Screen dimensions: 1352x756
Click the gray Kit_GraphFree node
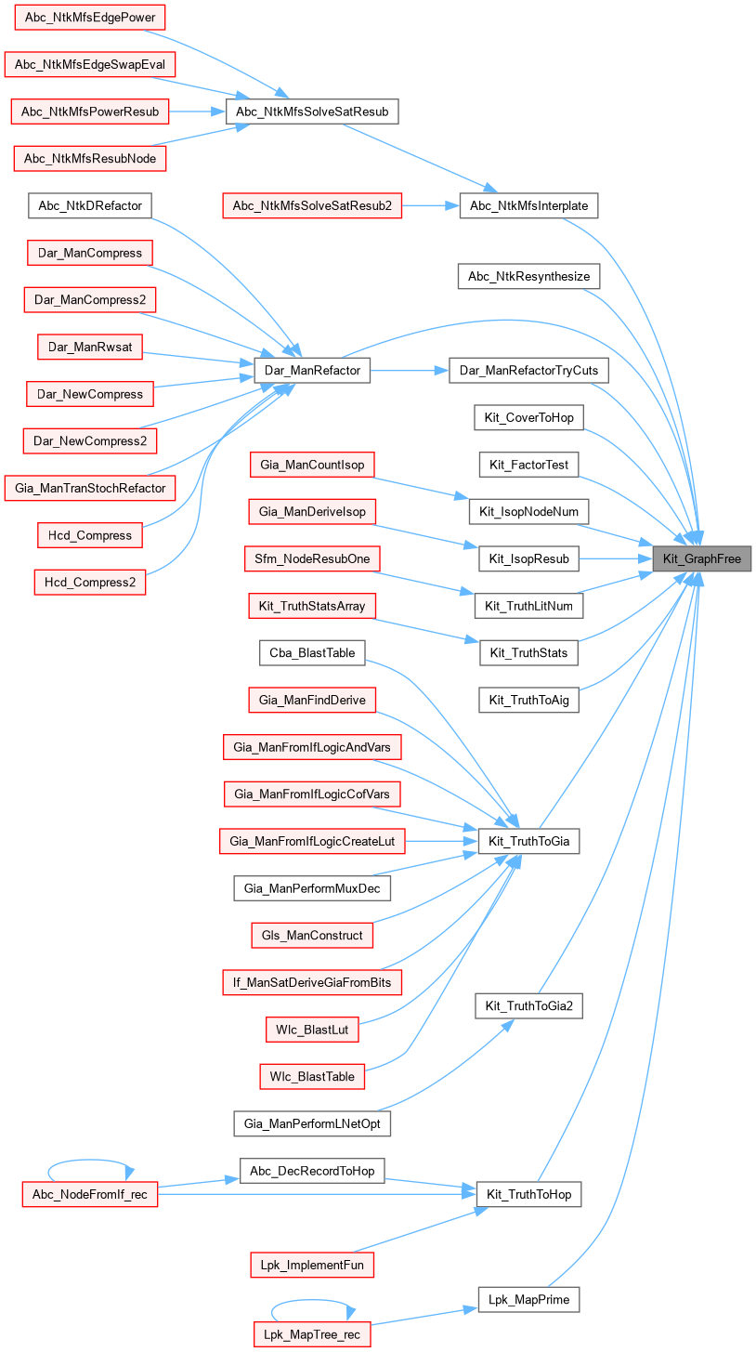(702, 558)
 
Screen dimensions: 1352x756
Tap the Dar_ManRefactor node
(313, 370)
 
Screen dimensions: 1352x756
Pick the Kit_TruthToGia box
(528, 842)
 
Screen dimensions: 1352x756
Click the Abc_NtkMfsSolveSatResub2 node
(312, 204)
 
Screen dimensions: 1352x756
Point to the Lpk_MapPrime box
(528, 1298)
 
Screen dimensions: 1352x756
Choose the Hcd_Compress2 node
(89, 583)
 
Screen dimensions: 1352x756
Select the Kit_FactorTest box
(528, 464)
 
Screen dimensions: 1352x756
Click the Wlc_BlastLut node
(311, 1030)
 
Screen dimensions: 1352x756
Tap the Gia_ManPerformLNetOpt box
(312, 1122)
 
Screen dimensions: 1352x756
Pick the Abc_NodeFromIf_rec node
(89, 1194)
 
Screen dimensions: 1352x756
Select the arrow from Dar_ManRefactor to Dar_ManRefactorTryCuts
(410, 370)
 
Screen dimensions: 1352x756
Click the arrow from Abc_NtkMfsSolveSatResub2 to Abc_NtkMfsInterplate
(431, 204)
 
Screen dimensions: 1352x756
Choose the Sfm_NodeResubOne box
(312, 558)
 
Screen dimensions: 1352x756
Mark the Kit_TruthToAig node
(528, 700)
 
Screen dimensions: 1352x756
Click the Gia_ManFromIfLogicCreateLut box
(312, 842)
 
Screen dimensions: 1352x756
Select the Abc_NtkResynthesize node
(528, 276)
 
